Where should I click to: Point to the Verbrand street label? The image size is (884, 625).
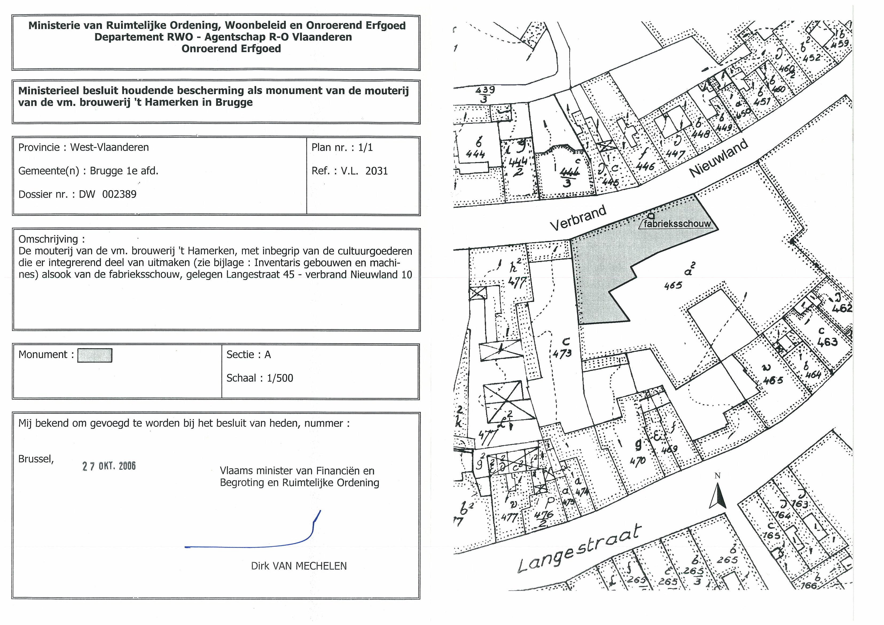[578, 218]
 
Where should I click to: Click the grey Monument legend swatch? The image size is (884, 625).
[95, 355]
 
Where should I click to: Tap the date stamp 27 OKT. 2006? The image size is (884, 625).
[109, 466]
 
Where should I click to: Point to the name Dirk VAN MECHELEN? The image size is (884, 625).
[299, 566]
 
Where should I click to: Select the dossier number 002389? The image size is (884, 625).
[119, 194]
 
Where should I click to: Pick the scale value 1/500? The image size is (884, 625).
[280, 378]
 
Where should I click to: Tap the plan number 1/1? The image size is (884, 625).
[365, 147]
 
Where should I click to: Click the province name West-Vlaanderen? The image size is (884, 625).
[109, 147]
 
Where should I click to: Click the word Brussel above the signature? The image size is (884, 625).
[36, 459]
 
